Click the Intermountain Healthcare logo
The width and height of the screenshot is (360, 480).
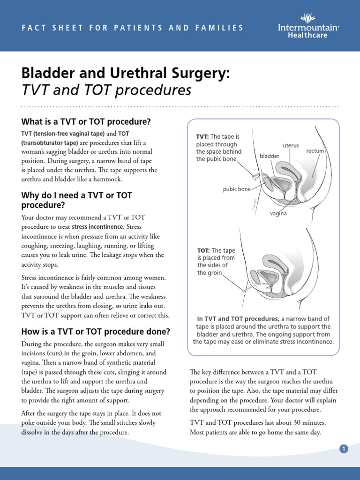[315, 26]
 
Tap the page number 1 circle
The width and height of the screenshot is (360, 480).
[344, 449]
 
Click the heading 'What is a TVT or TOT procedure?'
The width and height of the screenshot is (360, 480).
[86, 122]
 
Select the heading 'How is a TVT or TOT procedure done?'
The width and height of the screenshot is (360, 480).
[96, 332]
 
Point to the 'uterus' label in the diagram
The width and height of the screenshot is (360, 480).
[291, 146]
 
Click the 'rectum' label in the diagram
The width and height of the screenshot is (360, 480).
[315, 151]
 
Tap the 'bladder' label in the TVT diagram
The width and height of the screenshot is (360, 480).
[270, 156]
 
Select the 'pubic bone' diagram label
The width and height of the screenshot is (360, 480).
[237, 189]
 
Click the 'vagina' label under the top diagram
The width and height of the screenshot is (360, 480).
[278, 213]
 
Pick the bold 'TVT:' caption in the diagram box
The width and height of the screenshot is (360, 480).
[202, 136]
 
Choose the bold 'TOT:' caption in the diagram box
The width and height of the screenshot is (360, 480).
[203, 250]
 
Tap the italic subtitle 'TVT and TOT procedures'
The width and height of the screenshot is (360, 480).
[106, 90]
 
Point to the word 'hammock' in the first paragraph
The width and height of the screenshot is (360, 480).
[109, 179]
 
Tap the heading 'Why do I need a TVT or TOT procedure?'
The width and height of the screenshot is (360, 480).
[77, 200]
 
